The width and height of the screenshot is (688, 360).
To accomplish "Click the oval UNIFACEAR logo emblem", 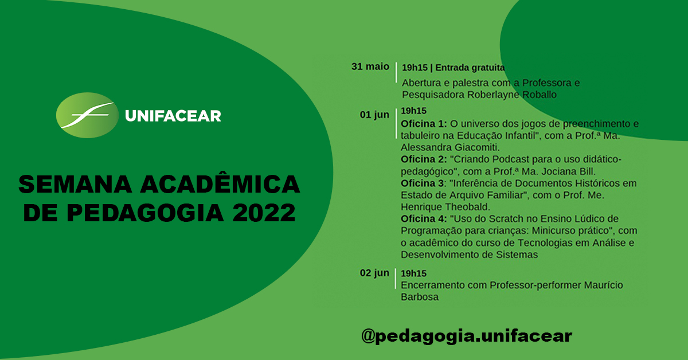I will click(x=85, y=115).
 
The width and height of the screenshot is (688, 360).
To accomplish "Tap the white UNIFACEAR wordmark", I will click(x=173, y=116).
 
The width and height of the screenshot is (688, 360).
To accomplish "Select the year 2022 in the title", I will click(x=264, y=213).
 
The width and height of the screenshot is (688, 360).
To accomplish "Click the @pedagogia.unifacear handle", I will click(x=466, y=335).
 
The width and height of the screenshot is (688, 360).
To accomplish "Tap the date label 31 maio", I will click(x=370, y=66).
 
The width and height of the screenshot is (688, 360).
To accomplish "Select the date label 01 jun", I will click(x=374, y=115).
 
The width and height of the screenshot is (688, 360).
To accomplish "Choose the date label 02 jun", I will click(x=374, y=273).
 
